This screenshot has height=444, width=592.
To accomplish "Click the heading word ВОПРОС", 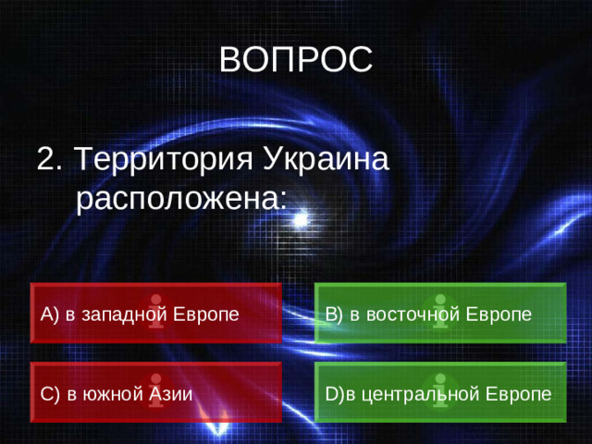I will click(296, 60).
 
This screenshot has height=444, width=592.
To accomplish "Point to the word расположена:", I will click(181, 196).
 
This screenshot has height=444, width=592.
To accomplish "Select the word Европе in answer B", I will click(499, 314).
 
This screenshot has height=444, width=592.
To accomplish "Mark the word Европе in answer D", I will click(519, 393).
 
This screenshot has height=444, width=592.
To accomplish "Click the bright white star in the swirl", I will click(300, 220).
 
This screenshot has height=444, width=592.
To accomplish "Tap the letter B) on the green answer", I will click(334, 314).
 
